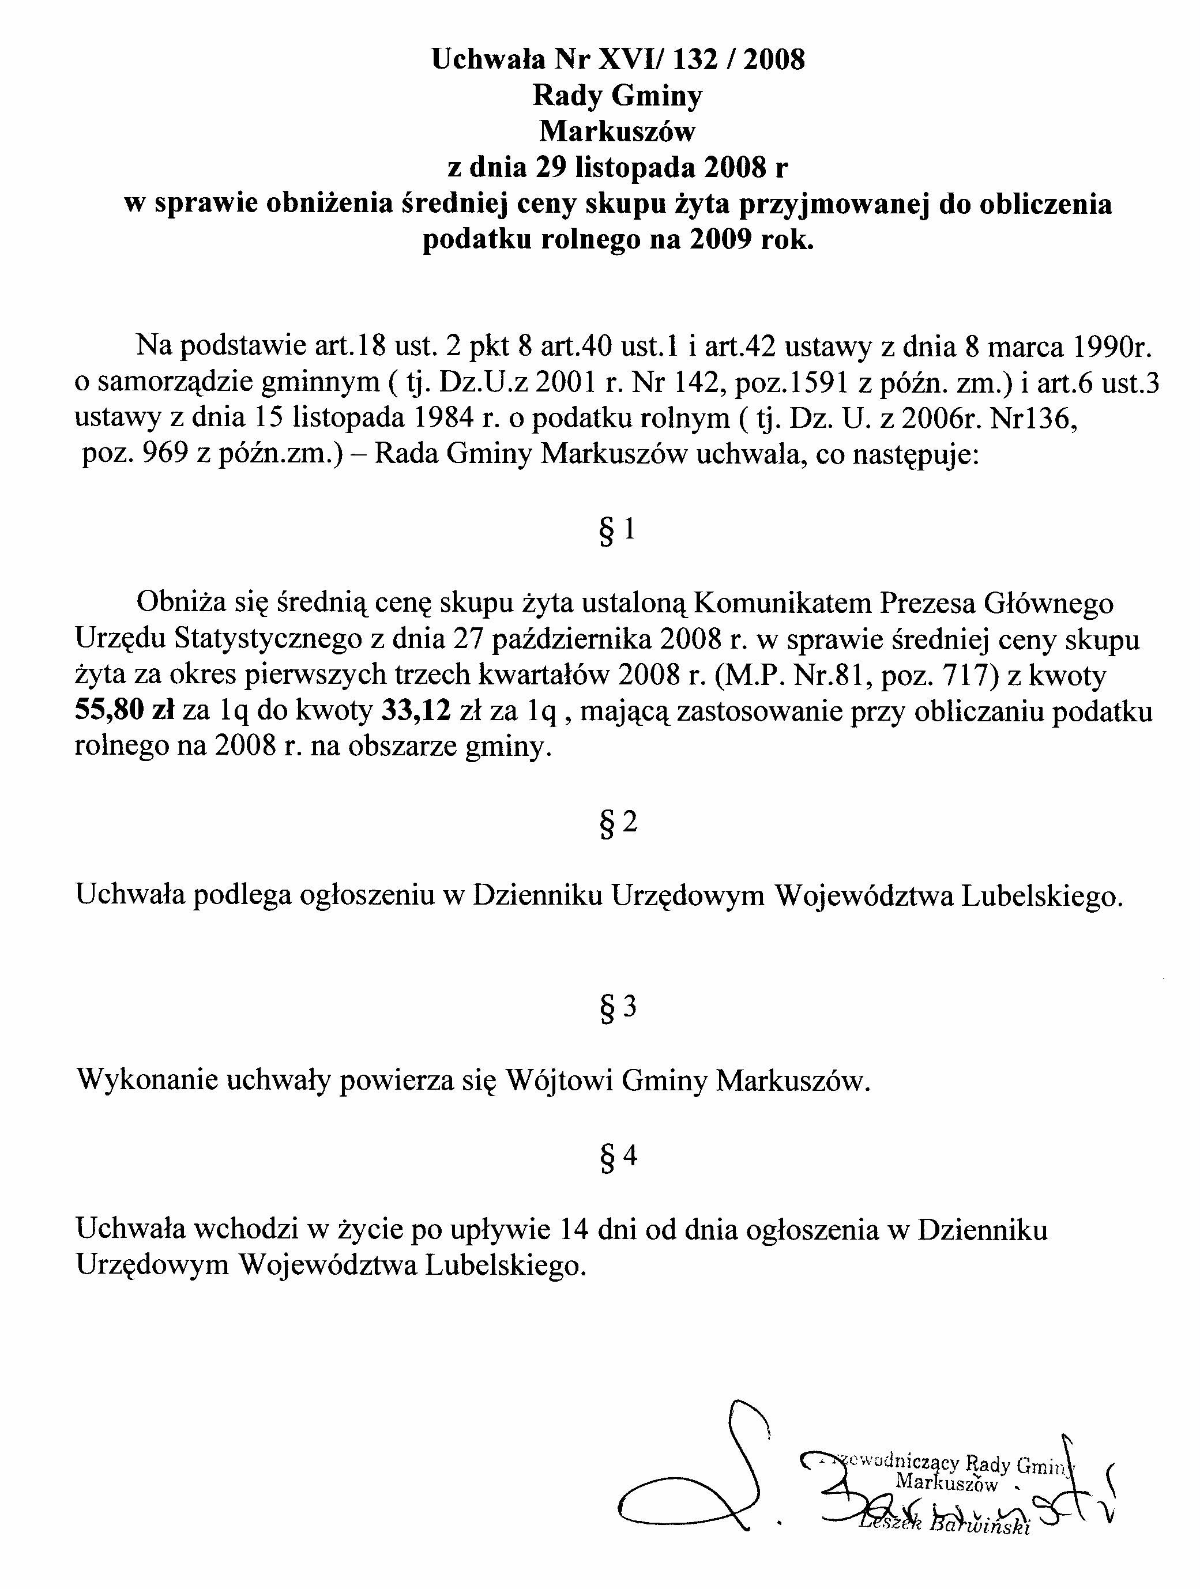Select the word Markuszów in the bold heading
(617, 131)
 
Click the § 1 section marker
(617, 530)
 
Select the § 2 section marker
(617, 823)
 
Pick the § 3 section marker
(617, 1007)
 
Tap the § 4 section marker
(617, 1157)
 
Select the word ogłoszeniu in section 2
(365, 895)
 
